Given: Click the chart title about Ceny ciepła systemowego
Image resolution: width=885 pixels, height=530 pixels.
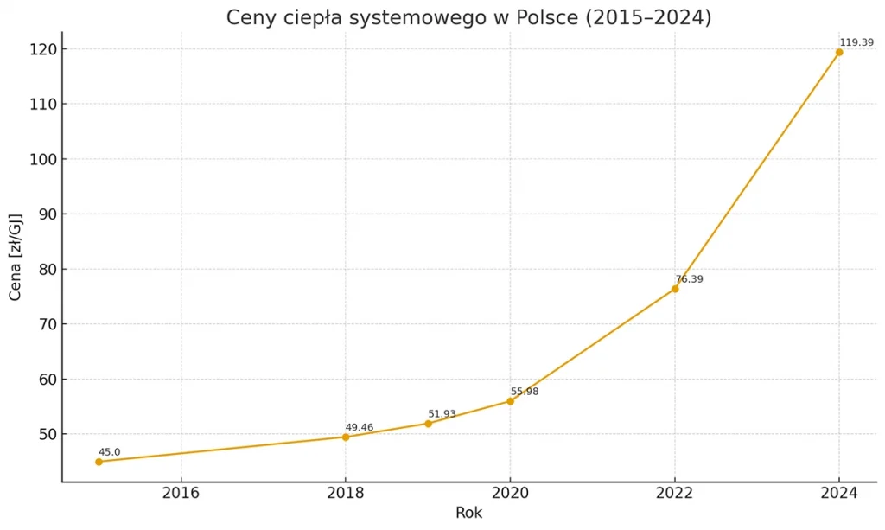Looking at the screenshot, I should click(x=468, y=17).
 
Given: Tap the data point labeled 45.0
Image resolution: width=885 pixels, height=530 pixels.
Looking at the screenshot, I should click(x=99, y=462).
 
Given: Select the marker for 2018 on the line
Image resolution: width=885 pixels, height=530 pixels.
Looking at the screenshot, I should click(x=346, y=437).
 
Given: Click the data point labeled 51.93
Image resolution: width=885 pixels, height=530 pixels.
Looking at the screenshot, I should click(x=428, y=423).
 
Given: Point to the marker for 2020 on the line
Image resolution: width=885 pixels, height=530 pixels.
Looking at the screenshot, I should click(x=510, y=401).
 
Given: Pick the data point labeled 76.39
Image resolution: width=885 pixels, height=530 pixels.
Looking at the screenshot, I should click(x=675, y=289).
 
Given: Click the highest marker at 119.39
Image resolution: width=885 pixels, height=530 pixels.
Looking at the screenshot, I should click(x=839, y=52).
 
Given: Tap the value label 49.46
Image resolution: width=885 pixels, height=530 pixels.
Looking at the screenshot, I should click(x=360, y=427).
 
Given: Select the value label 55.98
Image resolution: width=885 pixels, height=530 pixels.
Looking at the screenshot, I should click(x=525, y=392).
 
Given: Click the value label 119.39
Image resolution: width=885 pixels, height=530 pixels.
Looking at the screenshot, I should click(x=856, y=42).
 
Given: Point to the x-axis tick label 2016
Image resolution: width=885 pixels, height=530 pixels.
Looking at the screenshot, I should click(x=181, y=493).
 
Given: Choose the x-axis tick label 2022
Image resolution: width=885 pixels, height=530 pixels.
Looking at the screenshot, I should click(x=675, y=493).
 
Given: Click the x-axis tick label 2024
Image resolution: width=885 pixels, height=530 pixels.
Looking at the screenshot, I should click(x=839, y=493).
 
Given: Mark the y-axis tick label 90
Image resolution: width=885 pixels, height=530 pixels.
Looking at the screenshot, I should click(x=42, y=214).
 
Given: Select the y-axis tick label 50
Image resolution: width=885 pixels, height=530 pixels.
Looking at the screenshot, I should click(x=42, y=434).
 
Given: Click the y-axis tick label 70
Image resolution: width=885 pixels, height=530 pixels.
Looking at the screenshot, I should click(x=42, y=324).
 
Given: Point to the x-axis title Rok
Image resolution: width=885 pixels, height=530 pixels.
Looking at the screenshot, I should click(x=468, y=513).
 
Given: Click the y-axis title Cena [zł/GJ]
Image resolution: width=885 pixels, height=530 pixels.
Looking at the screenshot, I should click(x=16, y=256).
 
